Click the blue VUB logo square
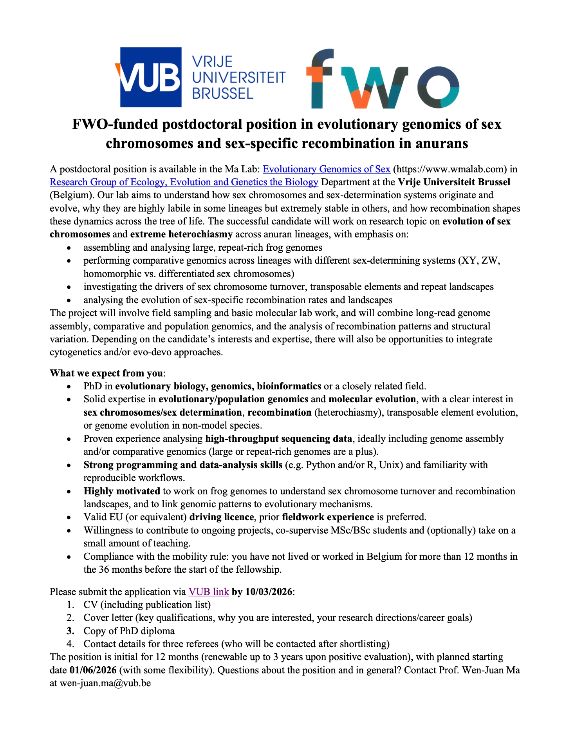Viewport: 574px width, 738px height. (151, 77)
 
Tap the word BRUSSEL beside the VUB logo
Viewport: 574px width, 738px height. (222, 94)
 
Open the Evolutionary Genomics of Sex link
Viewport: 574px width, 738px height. (326, 169)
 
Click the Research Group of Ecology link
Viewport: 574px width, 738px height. (184, 182)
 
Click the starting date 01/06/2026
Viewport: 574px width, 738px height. (93, 670)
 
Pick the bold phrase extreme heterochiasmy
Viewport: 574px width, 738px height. (181, 234)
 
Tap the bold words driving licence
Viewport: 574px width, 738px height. (221, 517)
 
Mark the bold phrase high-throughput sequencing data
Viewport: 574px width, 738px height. (278, 439)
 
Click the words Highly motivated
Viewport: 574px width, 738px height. (122, 491)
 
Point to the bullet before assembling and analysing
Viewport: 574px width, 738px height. (69, 248)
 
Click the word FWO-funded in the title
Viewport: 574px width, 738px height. (116, 124)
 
